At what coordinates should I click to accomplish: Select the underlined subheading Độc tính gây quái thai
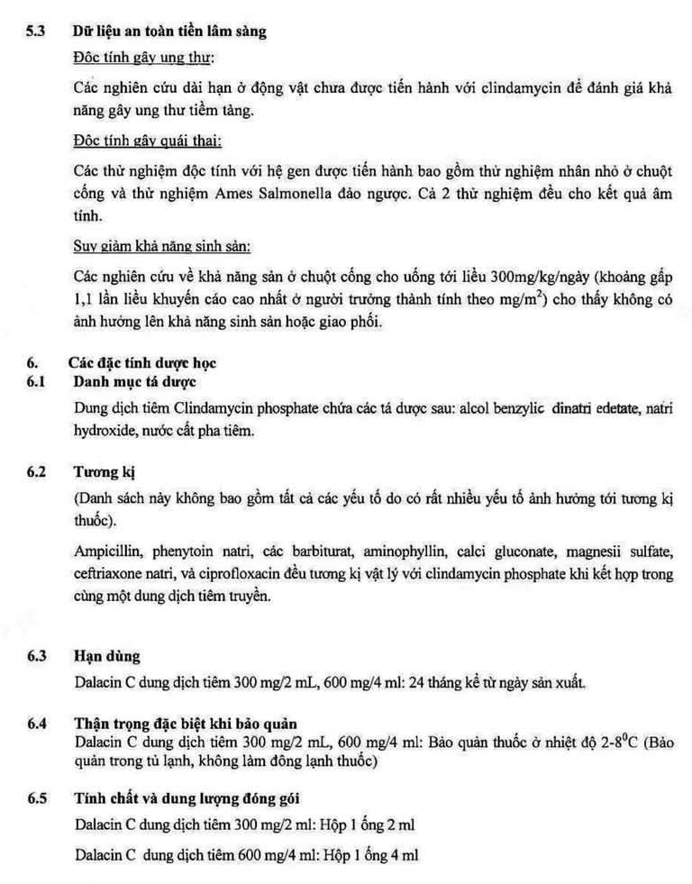coord(147,141)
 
